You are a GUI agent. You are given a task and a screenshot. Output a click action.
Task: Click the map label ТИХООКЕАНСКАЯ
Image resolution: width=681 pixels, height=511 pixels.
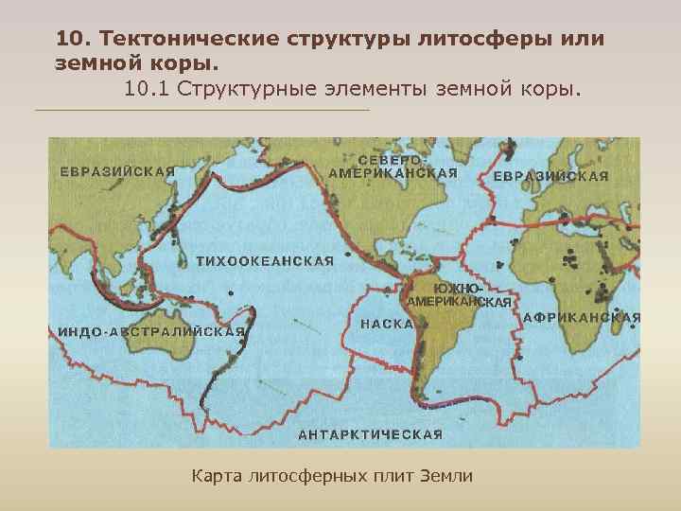265,261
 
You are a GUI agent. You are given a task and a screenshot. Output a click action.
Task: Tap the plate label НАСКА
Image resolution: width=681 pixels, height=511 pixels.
387,324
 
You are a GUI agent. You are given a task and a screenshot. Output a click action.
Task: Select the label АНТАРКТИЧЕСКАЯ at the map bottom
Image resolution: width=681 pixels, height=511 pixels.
371,435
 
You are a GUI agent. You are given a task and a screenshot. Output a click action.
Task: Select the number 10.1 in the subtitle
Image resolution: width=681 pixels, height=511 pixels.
145,89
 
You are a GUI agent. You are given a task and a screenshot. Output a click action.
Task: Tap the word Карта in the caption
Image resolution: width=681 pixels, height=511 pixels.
216,475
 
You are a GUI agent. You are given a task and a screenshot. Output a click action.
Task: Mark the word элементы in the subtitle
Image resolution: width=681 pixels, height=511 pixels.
374,89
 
